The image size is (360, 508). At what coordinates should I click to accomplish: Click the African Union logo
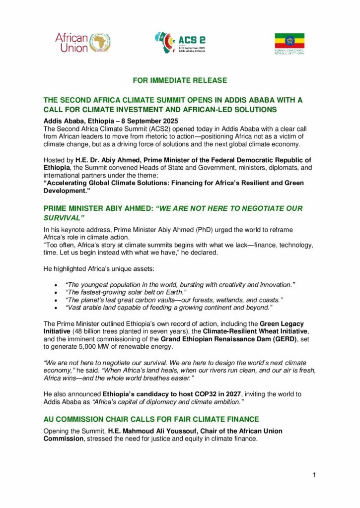click(x=82, y=43)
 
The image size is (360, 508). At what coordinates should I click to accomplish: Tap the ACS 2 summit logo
click(x=180, y=43)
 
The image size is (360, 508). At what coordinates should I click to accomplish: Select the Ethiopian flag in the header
click(x=289, y=41)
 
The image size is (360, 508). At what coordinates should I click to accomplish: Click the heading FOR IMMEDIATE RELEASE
click(x=180, y=80)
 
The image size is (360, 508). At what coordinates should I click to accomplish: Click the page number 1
click(x=314, y=475)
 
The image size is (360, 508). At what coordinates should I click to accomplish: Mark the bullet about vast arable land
click(x=169, y=309)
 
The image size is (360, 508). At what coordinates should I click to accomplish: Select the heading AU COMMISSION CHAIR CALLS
click(x=151, y=419)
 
